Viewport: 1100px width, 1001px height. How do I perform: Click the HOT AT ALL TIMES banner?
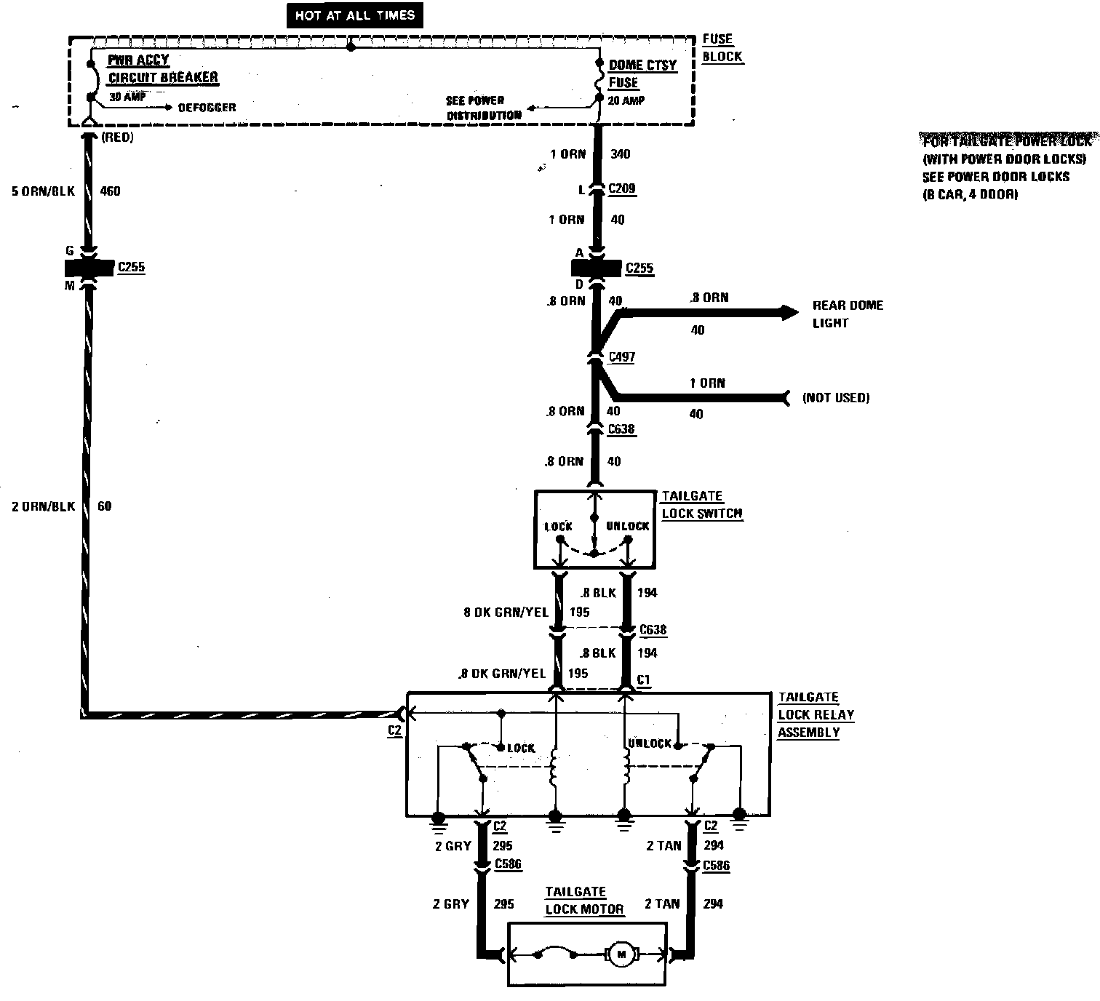coord(354,16)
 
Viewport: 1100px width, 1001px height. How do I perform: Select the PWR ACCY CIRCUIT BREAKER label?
coord(162,69)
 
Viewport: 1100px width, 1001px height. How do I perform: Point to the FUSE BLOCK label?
coord(722,47)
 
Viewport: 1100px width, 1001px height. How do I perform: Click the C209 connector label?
coord(621,188)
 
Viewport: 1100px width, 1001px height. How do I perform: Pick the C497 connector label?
coord(621,357)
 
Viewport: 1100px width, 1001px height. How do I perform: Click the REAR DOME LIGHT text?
coord(847,314)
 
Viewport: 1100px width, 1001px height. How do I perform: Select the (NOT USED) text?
coord(835,397)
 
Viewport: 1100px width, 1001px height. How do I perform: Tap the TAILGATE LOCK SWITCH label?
coord(701,505)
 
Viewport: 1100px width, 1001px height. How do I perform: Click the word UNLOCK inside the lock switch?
coord(627,526)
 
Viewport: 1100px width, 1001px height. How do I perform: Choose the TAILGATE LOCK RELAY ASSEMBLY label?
coord(815,714)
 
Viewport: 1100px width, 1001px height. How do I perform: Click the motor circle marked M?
coord(621,954)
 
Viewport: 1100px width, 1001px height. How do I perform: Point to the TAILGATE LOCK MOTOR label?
coord(584,901)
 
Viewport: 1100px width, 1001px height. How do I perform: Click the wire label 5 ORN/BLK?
coord(44,191)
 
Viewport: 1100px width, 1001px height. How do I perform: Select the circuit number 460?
coord(109,191)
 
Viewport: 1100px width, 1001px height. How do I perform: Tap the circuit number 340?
coord(621,153)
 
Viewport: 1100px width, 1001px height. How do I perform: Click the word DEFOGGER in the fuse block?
coord(207,108)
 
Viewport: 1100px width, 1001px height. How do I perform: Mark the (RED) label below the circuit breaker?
coord(118,137)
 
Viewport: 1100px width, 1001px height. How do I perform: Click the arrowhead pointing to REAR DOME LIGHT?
coord(789,313)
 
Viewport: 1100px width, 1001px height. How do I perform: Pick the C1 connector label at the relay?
coord(643,679)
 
